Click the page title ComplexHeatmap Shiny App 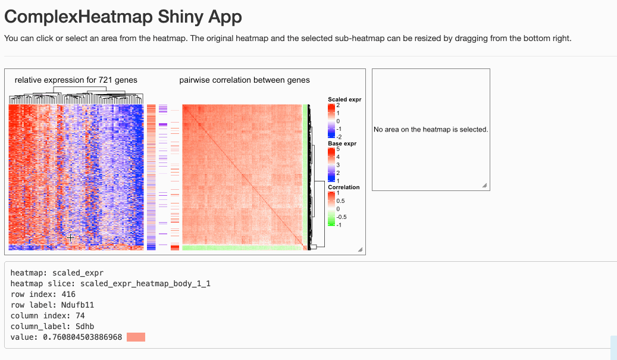tap(123, 17)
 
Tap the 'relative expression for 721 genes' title tap(76, 80)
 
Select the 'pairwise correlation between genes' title tap(245, 80)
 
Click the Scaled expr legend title tap(344, 99)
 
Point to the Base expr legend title tap(342, 143)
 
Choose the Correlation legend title tap(343, 187)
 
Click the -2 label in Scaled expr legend tap(339, 137)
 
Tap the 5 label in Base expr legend tap(338, 149)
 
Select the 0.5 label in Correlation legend tap(340, 201)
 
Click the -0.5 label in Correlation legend tap(341, 217)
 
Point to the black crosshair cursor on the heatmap tap(70, 237)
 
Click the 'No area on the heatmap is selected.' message tap(431, 130)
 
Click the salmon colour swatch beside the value tap(136, 337)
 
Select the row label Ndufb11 tap(77, 305)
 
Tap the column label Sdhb tap(84, 327)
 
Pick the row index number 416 tap(68, 295)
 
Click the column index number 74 tap(80, 315)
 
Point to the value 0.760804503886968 tap(82, 337)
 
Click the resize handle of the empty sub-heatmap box tap(485, 186)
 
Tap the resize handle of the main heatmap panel tap(360, 250)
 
